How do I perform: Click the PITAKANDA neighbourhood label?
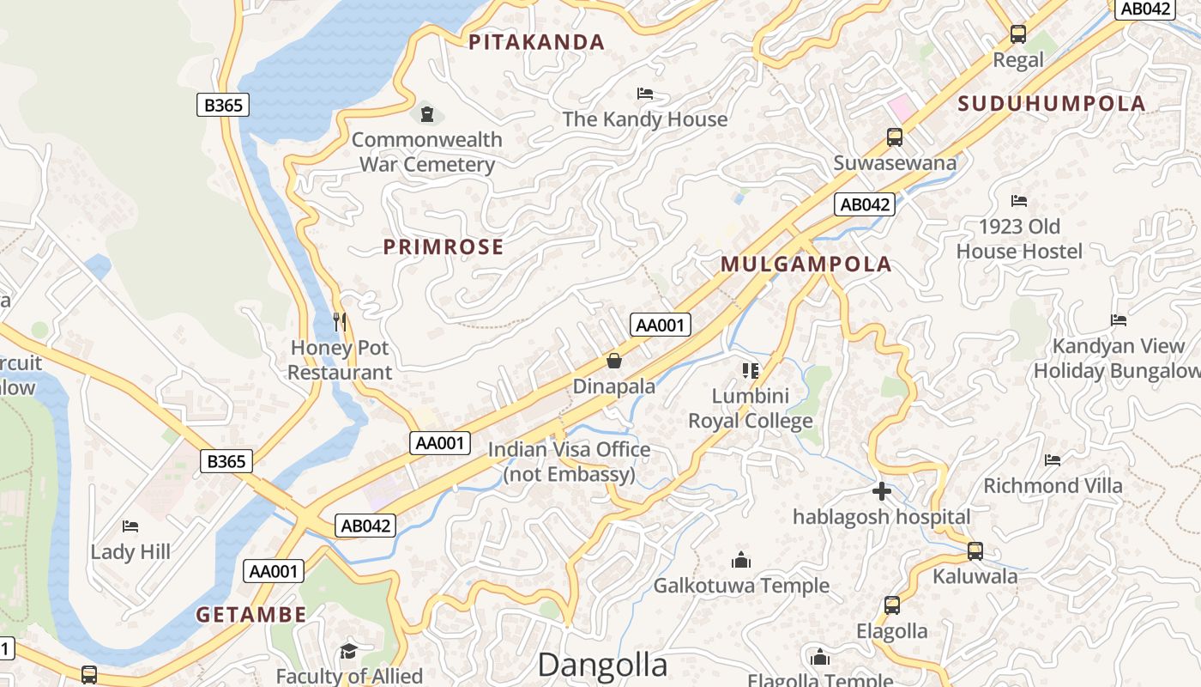pyautogui.click(x=536, y=41)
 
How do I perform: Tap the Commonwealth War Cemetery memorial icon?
pyautogui.click(x=426, y=113)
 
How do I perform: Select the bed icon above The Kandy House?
pyautogui.click(x=645, y=93)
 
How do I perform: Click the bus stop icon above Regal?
pyautogui.click(x=1018, y=34)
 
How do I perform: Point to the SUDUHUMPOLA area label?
pyautogui.click(x=1052, y=104)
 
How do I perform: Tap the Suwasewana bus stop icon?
pyautogui.click(x=895, y=137)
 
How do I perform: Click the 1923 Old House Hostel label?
pyautogui.click(x=1019, y=239)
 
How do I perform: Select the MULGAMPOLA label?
pyautogui.click(x=806, y=264)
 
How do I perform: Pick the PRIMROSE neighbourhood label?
pyautogui.click(x=444, y=247)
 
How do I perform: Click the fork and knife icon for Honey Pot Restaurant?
pyautogui.click(x=340, y=322)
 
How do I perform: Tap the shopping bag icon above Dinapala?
pyautogui.click(x=614, y=361)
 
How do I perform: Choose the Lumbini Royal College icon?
pyautogui.click(x=751, y=371)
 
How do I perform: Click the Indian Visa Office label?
pyautogui.click(x=570, y=461)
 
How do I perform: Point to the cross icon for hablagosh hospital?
pyautogui.click(x=882, y=492)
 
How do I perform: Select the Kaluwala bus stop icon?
pyautogui.click(x=975, y=551)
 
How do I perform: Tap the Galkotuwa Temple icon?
pyautogui.click(x=741, y=561)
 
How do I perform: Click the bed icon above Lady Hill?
pyautogui.click(x=130, y=526)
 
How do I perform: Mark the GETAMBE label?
pyautogui.click(x=250, y=615)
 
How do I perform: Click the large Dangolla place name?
pyautogui.click(x=602, y=666)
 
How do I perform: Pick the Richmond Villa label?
pyautogui.click(x=1053, y=486)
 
